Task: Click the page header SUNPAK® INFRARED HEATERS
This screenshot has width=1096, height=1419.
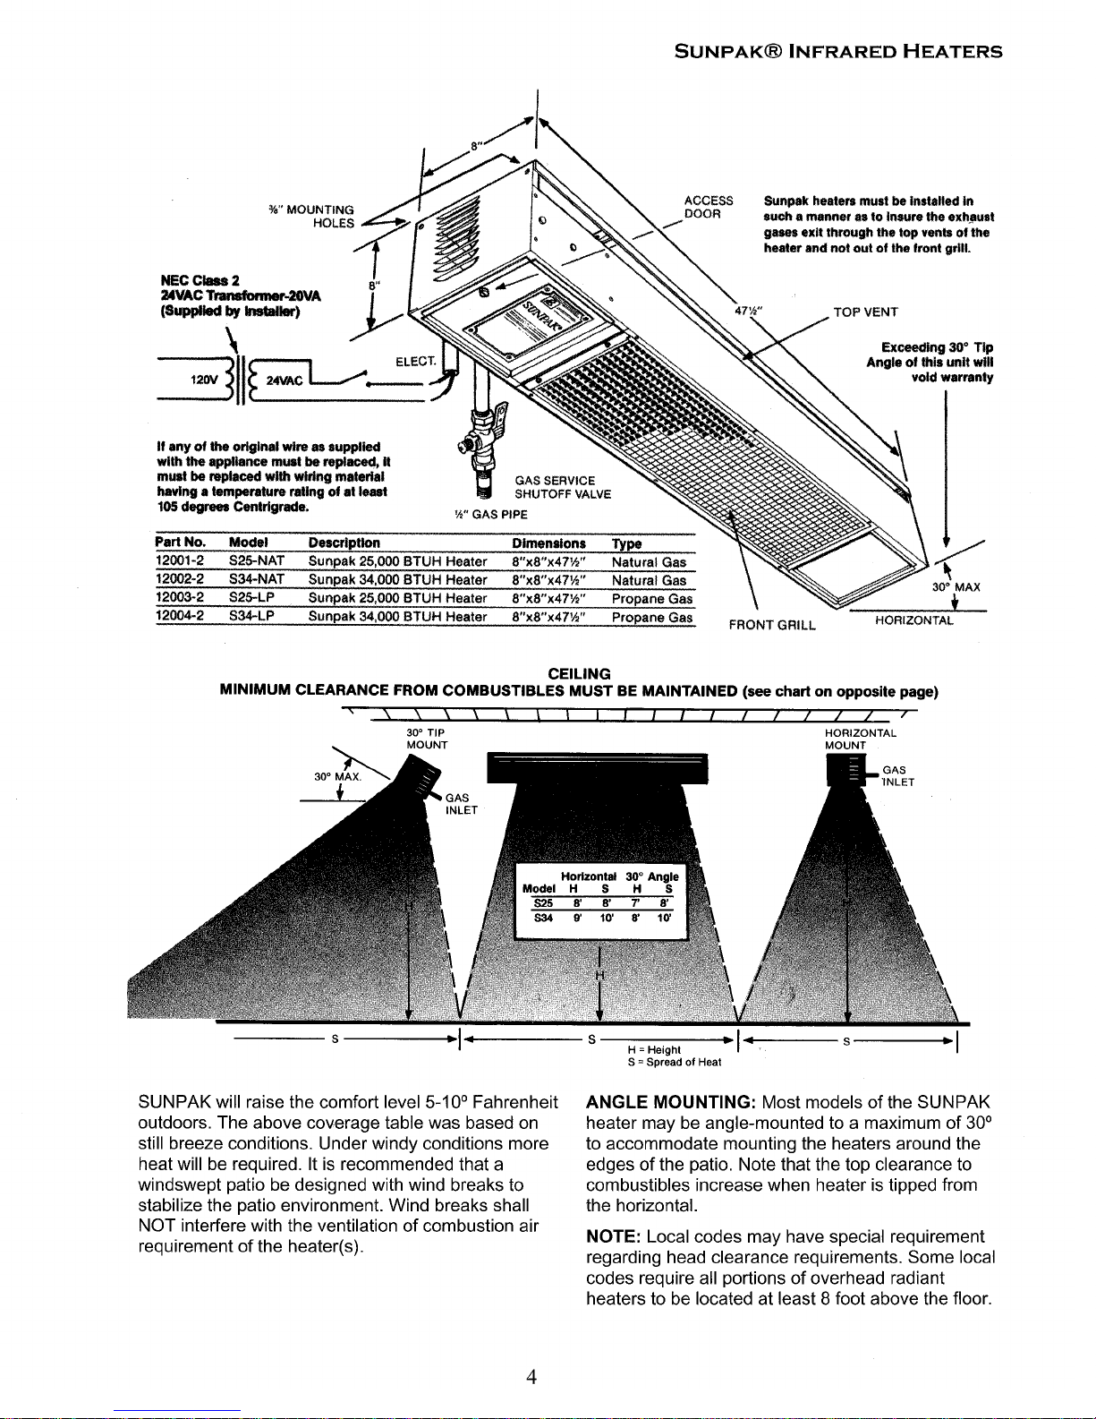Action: (x=838, y=51)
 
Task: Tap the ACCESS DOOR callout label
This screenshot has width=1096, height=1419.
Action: (x=708, y=207)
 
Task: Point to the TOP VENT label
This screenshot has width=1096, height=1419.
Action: (x=865, y=312)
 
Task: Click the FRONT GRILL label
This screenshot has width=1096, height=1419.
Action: (x=771, y=625)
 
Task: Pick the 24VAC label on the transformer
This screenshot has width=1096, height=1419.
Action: (x=277, y=379)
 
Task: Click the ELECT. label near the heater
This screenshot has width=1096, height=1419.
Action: (x=415, y=362)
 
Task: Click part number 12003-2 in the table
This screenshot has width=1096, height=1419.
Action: (x=182, y=598)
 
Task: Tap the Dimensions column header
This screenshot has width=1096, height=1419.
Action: (x=548, y=543)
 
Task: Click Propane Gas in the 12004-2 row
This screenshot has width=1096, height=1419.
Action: (x=652, y=617)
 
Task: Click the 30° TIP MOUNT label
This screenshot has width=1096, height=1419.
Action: (x=427, y=739)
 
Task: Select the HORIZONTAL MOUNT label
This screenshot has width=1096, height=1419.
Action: (x=860, y=739)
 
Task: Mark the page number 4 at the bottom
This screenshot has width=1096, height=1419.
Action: (x=531, y=1378)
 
